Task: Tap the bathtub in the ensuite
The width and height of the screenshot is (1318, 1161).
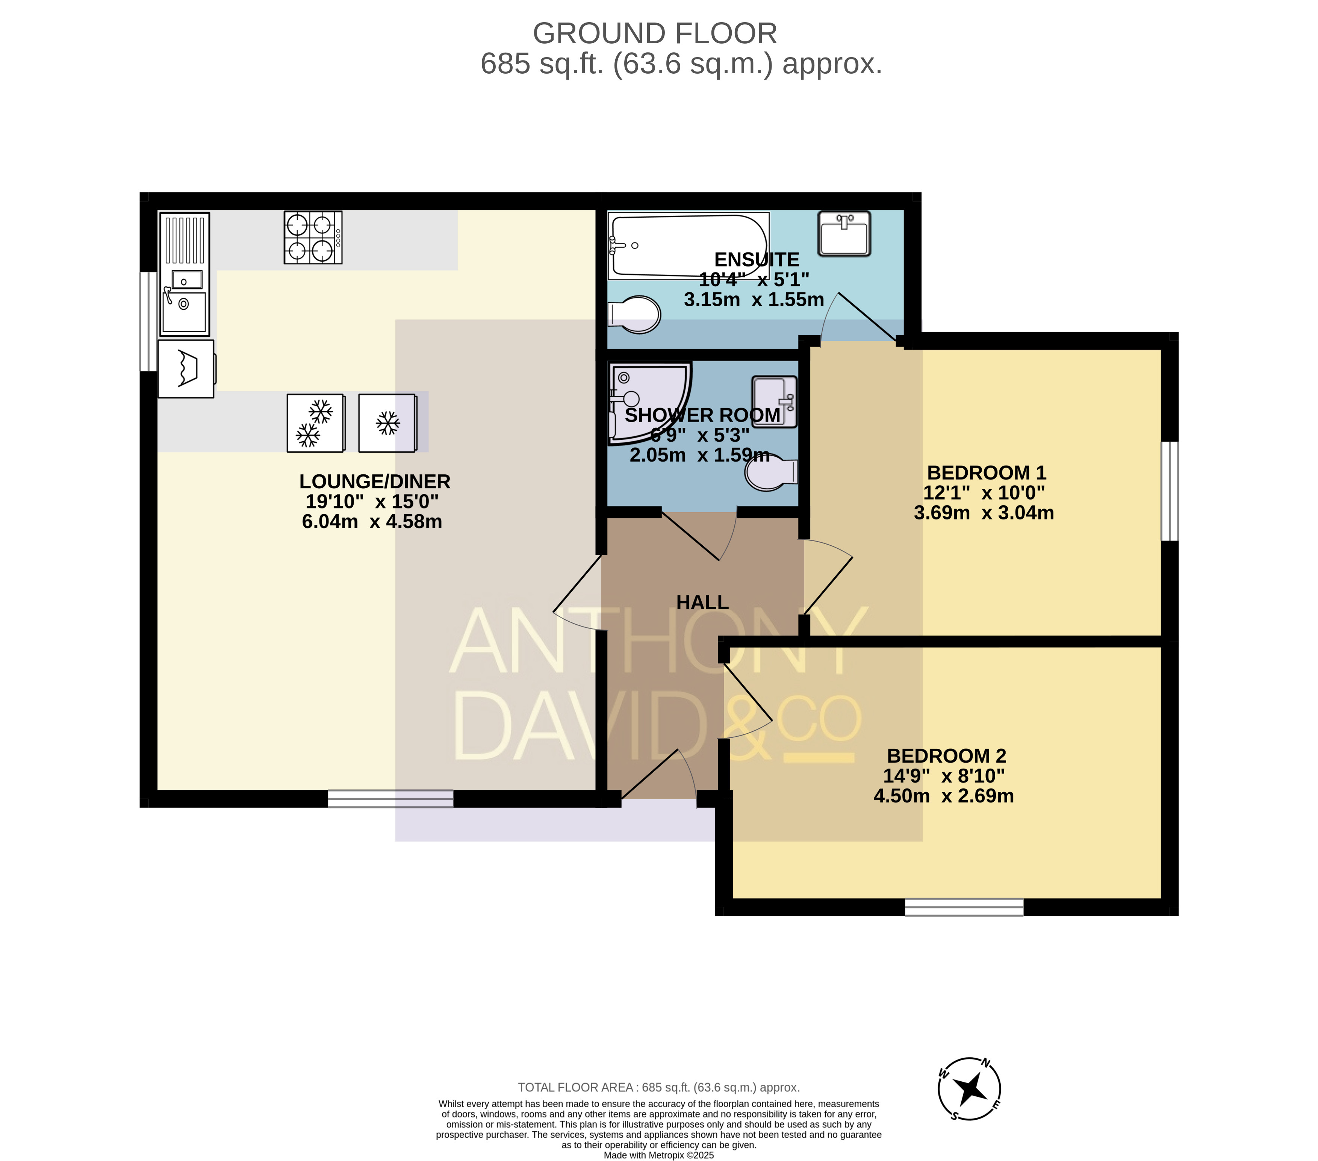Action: [689, 246]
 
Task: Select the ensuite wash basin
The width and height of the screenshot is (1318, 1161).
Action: [844, 233]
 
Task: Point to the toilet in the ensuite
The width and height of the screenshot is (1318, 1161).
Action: [635, 315]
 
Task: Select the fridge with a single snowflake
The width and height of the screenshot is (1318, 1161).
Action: [387, 423]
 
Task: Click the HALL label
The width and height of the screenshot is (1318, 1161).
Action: [702, 602]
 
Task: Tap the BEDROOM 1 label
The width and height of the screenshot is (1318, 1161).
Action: [987, 473]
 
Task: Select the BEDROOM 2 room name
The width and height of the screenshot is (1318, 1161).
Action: [947, 756]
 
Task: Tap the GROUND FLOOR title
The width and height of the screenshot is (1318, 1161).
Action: [655, 33]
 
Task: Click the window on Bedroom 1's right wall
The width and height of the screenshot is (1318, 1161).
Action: [1170, 491]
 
